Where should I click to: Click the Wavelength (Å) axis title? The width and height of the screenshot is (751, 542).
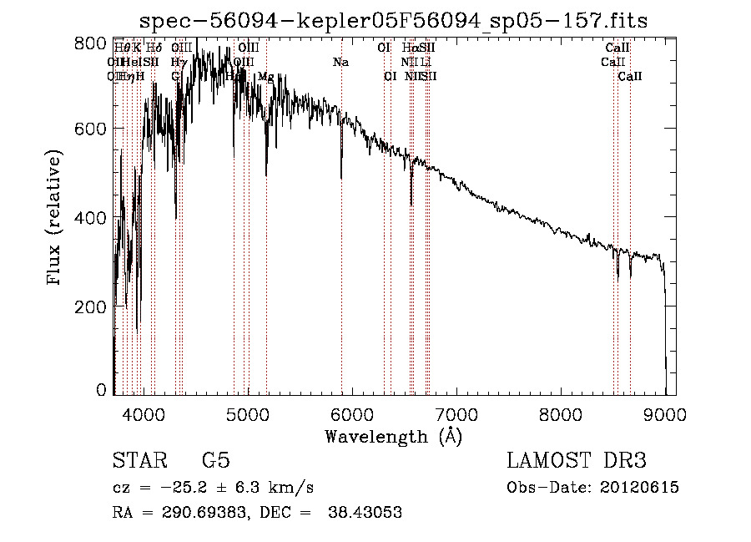[393, 436]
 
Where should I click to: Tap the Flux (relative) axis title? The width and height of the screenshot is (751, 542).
[55, 219]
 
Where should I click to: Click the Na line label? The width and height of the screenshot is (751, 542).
[340, 63]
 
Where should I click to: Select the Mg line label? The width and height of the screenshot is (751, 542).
[265, 77]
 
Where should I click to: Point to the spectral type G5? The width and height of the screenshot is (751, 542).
[215, 461]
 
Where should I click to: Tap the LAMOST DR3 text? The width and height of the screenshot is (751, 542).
[577, 461]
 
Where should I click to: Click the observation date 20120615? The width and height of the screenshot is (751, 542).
[643, 487]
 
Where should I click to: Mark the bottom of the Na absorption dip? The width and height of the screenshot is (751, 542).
[341, 178]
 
